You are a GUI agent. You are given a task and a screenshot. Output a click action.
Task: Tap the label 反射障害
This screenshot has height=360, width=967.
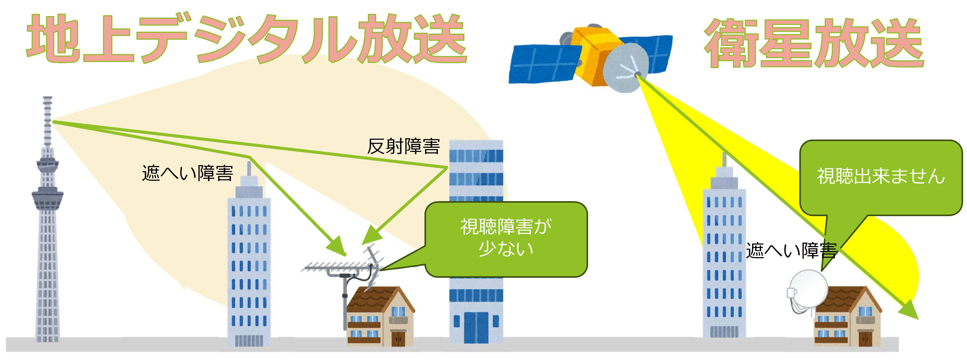pos(403,146)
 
